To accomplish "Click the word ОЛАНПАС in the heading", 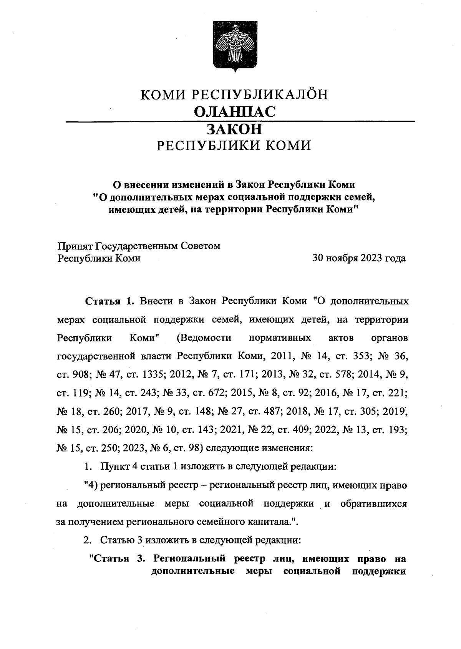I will (235, 112).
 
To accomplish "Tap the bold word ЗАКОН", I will (235, 129).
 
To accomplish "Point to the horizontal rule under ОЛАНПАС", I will (240, 121).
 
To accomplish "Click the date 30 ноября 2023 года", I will (359, 258).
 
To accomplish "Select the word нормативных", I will (280, 338).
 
